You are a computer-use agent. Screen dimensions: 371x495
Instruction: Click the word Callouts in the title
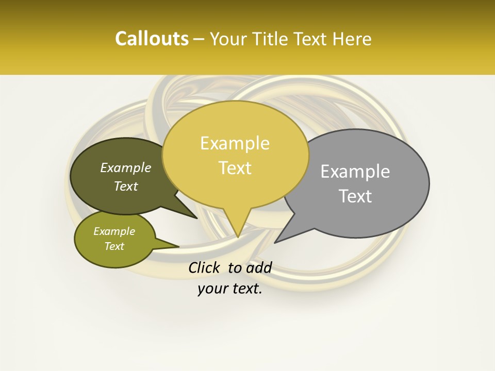click(152, 39)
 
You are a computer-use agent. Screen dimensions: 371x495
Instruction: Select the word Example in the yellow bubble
click(235, 143)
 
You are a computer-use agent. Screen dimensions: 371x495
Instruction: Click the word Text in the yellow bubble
click(235, 168)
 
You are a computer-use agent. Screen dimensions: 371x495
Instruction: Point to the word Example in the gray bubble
click(355, 172)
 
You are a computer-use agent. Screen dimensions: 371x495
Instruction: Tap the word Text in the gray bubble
click(355, 196)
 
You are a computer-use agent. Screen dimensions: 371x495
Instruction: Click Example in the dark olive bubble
click(126, 167)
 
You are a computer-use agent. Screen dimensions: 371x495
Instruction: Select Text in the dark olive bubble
click(126, 186)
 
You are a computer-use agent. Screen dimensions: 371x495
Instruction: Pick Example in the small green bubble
click(114, 231)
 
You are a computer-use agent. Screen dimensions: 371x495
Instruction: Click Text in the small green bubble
click(114, 246)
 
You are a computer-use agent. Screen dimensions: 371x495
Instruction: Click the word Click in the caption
click(205, 267)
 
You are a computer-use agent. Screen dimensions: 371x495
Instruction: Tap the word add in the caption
click(260, 267)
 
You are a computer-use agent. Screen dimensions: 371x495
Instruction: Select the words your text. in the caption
click(230, 289)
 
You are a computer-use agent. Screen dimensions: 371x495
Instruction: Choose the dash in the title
click(199, 39)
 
